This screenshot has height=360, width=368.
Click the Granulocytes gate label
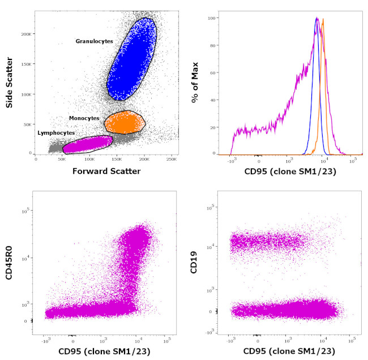pos(95,41)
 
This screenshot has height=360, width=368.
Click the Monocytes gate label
pos(84,118)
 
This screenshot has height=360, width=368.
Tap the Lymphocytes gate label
pos(56,132)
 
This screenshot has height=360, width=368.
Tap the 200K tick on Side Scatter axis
pos(25,34)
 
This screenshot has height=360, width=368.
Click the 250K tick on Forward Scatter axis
pos(173,160)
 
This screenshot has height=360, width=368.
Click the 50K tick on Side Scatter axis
pos(27,123)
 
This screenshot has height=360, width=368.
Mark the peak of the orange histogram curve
pos(323,20)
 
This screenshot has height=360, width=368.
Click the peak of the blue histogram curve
pos(317,18)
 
